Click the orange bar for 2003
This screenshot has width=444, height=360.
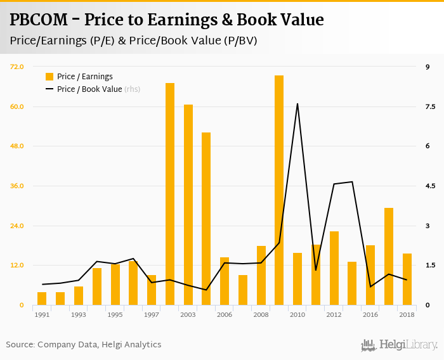(x=188, y=205)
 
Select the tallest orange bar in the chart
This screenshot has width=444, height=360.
(x=279, y=190)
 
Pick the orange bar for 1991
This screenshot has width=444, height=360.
(x=42, y=299)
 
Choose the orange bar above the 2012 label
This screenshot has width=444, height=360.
(x=334, y=268)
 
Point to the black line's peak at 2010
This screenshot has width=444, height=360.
(x=297, y=104)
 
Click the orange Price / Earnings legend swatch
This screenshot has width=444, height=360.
(x=49, y=77)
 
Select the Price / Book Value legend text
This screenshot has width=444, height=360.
(x=89, y=89)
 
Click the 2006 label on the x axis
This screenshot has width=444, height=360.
(x=225, y=314)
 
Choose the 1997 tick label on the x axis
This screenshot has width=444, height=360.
(x=152, y=314)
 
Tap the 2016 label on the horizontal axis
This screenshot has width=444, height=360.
(x=370, y=314)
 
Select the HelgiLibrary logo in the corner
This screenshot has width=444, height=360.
(x=400, y=345)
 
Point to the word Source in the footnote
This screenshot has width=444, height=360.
(x=20, y=345)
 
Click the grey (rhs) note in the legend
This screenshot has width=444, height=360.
(x=132, y=89)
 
